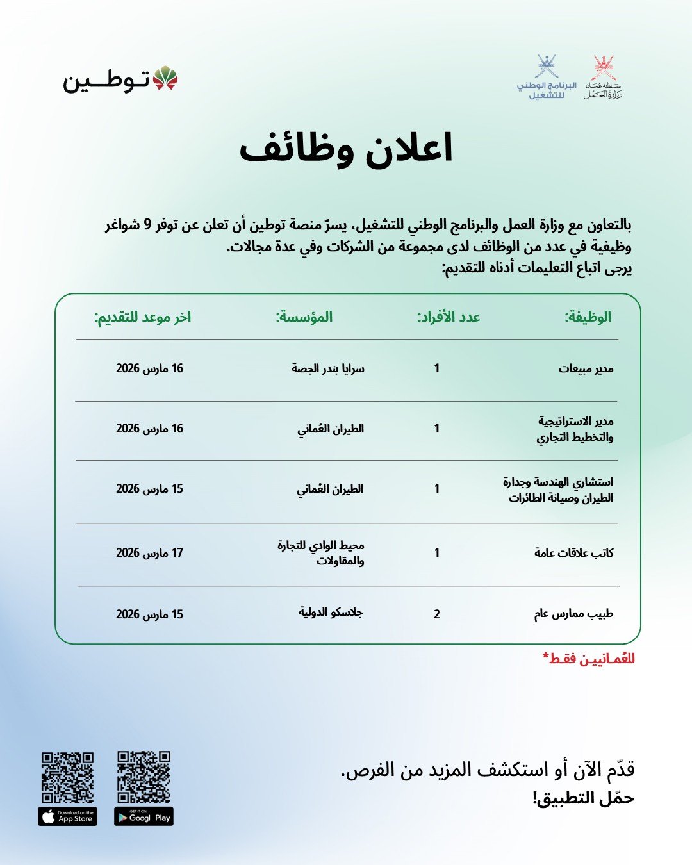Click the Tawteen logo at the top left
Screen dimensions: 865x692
click(120, 79)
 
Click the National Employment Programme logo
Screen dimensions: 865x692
click(547, 78)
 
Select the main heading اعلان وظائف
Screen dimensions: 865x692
click(346, 149)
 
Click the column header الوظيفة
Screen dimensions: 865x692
click(588, 317)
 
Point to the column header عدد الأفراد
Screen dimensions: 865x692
click(449, 317)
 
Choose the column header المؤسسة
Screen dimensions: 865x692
click(304, 317)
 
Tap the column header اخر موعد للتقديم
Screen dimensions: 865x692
click(143, 317)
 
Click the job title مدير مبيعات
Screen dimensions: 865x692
click(586, 368)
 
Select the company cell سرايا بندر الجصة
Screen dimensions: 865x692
click(327, 368)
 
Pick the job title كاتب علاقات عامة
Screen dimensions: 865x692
click(573, 552)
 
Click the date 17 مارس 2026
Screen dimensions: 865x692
click(149, 552)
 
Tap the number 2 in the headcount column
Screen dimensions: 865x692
click(437, 614)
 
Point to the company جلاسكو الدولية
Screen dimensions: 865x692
click(331, 612)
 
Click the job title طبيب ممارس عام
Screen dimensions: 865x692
click(573, 614)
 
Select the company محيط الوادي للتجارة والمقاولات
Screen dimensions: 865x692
click(321, 552)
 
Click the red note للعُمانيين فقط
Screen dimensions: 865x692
click(588, 659)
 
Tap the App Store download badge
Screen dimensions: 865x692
click(67, 816)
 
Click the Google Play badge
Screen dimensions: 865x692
click(144, 817)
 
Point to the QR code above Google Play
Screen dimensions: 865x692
click(144, 777)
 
